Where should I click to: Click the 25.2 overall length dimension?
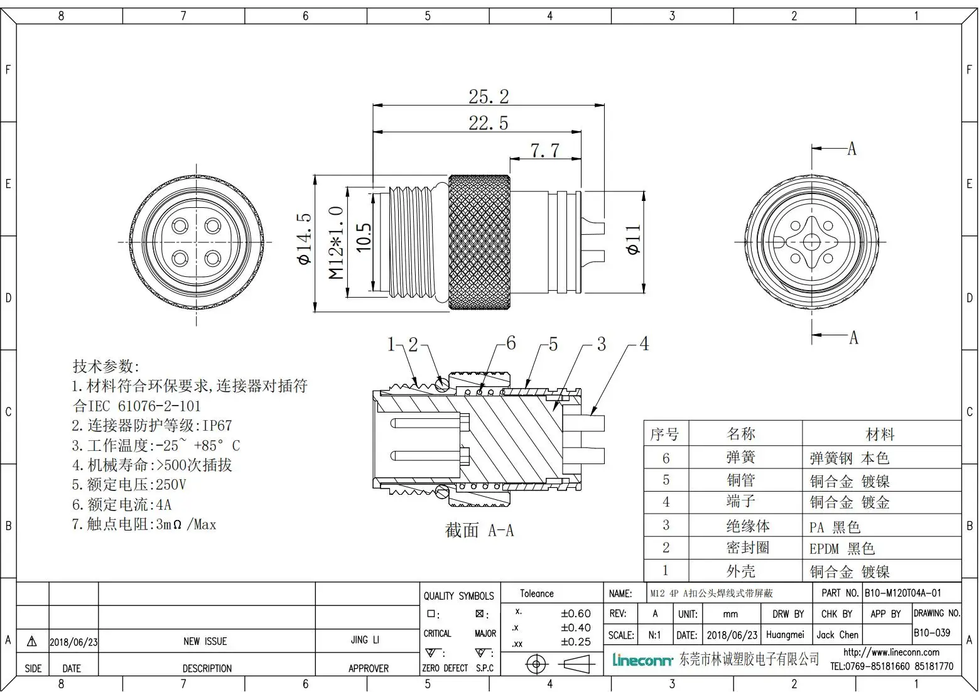(x=489, y=97)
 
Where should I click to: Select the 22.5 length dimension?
(x=489, y=123)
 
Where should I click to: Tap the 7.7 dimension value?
(x=544, y=151)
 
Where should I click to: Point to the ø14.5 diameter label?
(x=305, y=239)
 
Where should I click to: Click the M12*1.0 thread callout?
(x=337, y=242)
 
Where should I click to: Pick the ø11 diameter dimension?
(x=633, y=239)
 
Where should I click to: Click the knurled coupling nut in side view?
(x=479, y=242)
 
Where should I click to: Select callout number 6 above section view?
(x=511, y=343)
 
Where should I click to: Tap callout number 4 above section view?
(x=644, y=344)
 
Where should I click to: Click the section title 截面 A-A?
(x=479, y=531)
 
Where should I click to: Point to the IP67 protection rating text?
(x=216, y=426)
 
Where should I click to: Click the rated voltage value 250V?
(x=171, y=485)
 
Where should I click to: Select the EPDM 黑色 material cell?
(x=841, y=549)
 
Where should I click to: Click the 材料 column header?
(x=880, y=434)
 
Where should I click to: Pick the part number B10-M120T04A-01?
(x=902, y=593)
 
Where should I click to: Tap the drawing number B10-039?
(x=932, y=633)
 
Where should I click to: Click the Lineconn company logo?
(x=642, y=660)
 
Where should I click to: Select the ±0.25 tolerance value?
(x=575, y=642)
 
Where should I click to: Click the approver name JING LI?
(x=365, y=640)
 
